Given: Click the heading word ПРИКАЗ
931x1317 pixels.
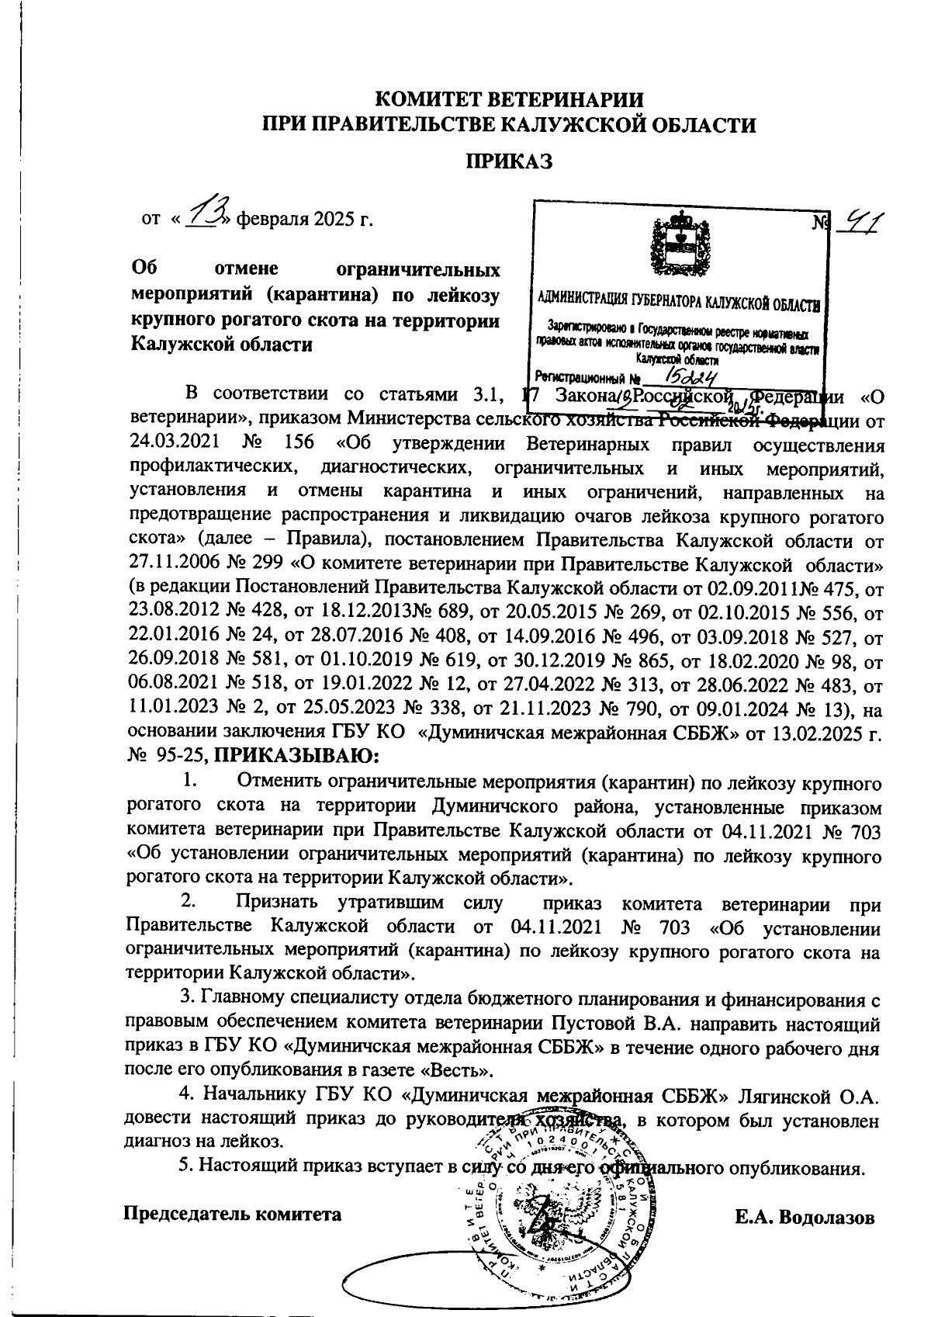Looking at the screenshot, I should (x=508, y=161).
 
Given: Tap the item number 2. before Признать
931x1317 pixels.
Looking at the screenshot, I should (x=189, y=903).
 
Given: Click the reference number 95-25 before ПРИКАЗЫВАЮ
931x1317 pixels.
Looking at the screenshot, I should (x=182, y=754).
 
